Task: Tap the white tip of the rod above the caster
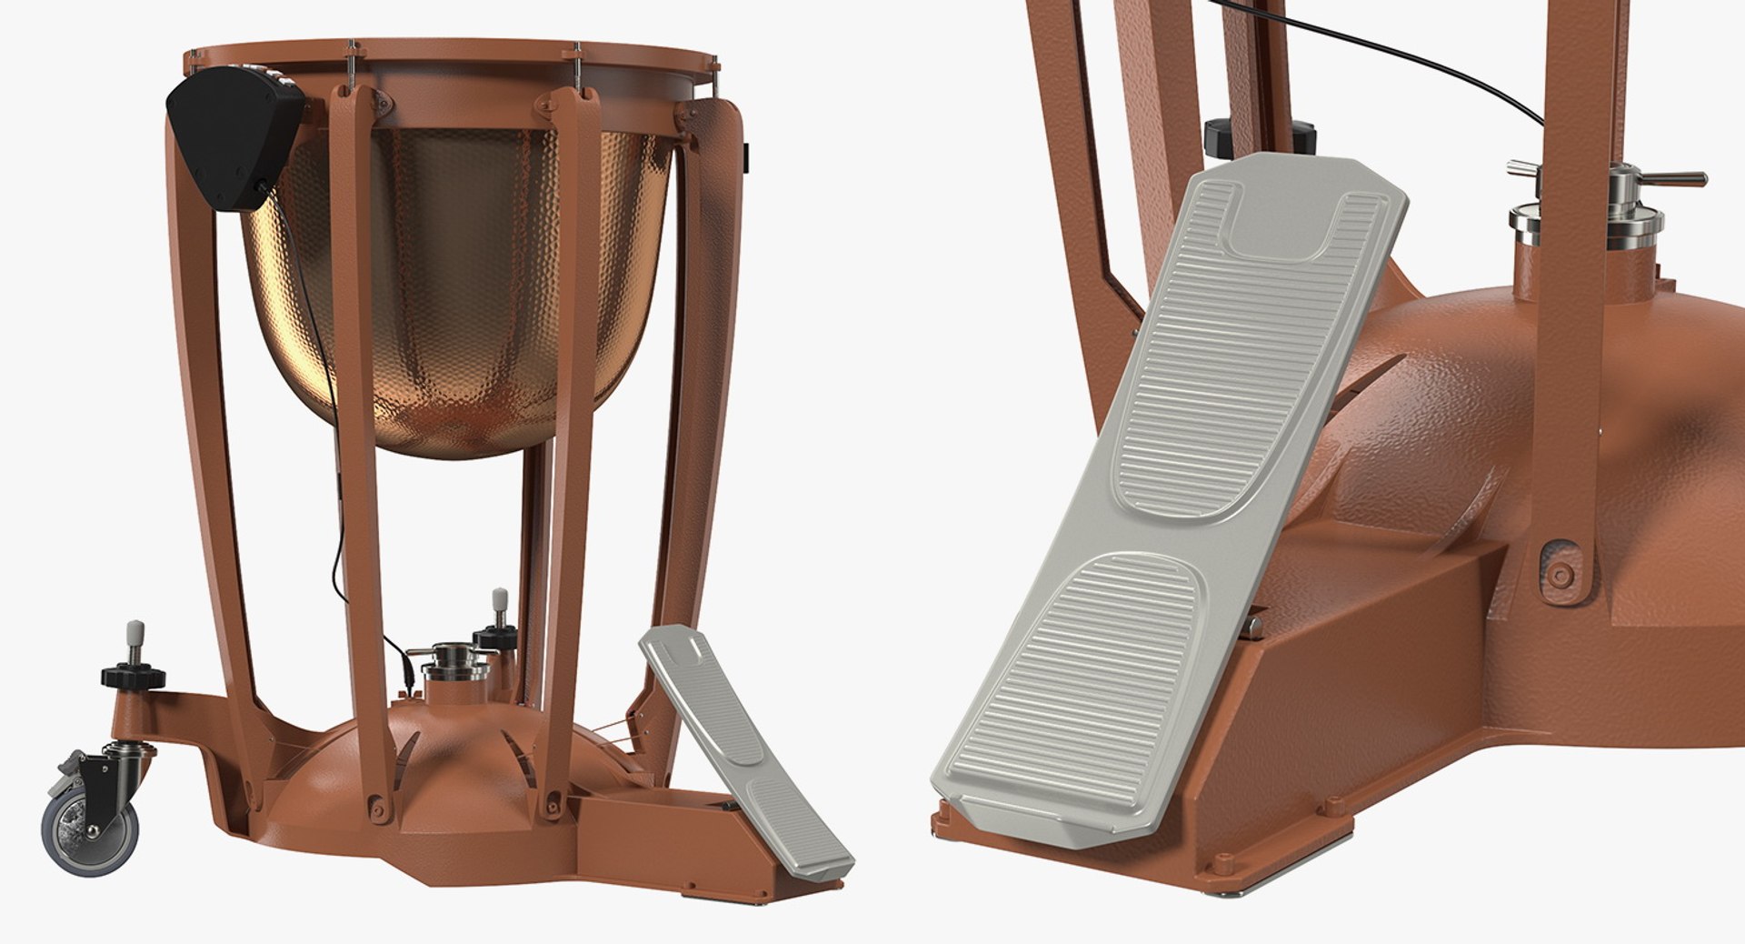(x=135, y=630)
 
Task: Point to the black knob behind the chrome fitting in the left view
(x=495, y=636)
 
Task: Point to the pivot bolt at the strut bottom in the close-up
(x=1560, y=574)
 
